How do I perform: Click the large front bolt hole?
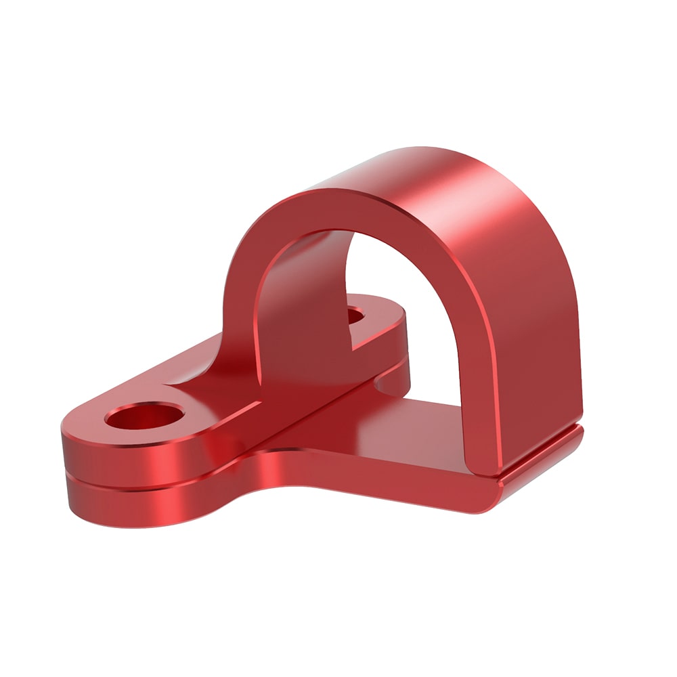[146, 416]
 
